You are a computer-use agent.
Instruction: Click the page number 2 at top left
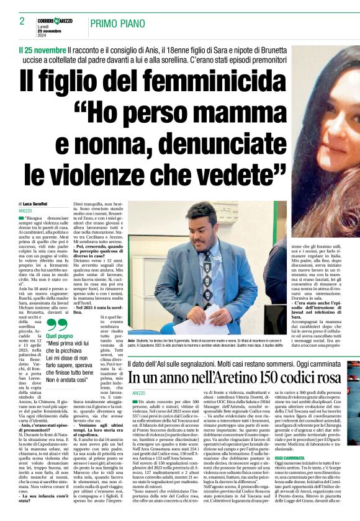[x=22, y=22]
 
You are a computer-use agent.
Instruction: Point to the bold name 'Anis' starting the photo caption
[x=132, y=341]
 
